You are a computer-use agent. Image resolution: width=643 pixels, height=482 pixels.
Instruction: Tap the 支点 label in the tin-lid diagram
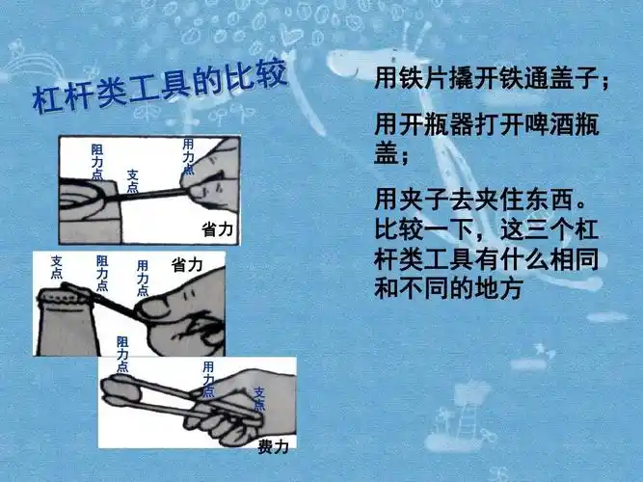point(132,181)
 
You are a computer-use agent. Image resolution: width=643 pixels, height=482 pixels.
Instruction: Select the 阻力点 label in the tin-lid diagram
point(96,162)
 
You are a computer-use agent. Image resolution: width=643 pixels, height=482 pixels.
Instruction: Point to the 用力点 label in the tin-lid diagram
point(188,156)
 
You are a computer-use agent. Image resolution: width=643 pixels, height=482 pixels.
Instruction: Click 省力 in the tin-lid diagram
point(217,230)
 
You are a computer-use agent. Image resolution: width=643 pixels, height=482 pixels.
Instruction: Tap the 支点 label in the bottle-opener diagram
point(57,267)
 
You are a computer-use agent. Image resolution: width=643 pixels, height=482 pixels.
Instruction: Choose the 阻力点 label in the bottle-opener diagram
point(102,273)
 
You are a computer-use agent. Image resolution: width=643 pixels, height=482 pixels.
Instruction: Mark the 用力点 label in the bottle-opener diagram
point(143,278)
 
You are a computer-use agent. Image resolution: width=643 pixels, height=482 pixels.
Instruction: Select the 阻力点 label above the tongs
point(121,355)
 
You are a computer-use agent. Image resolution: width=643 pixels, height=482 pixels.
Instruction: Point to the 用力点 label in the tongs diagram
point(207,379)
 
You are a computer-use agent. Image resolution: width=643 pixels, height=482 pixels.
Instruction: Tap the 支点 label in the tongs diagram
point(258,399)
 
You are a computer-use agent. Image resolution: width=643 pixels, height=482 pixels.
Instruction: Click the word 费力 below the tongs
point(272,446)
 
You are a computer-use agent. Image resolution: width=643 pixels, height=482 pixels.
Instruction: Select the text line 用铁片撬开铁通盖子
point(492,80)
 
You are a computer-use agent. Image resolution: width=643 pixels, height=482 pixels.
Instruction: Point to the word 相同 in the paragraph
point(582,261)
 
